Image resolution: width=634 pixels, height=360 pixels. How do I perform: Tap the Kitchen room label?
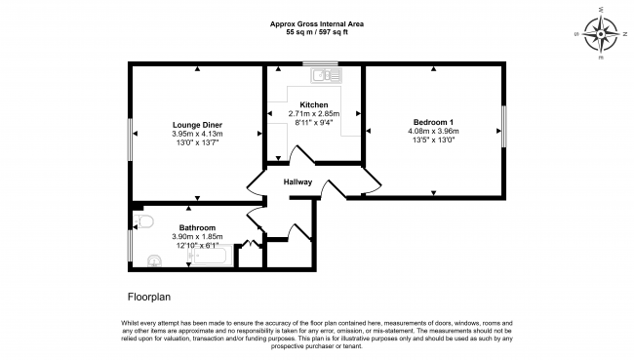point(313,104)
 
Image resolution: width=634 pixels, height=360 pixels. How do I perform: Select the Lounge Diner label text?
point(197,125)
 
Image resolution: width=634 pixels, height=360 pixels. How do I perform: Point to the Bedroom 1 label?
point(434,119)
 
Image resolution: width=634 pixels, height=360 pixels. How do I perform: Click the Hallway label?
point(297,182)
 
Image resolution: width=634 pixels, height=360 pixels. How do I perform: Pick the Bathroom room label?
point(197,227)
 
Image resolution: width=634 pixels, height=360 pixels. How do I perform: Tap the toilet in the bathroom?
point(144,223)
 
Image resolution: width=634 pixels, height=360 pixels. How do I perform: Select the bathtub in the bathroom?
point(206,258)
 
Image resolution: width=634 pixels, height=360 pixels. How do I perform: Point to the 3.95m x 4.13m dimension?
point(197,135)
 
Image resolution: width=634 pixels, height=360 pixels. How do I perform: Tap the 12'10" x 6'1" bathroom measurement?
point(197,246)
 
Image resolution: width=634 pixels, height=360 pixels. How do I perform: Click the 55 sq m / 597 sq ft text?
point(317,32)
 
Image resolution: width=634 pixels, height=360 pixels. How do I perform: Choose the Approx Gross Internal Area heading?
point(317,23)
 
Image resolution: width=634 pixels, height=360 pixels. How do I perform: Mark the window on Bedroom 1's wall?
point(503,126)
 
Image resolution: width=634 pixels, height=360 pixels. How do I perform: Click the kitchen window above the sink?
point(320,64)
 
